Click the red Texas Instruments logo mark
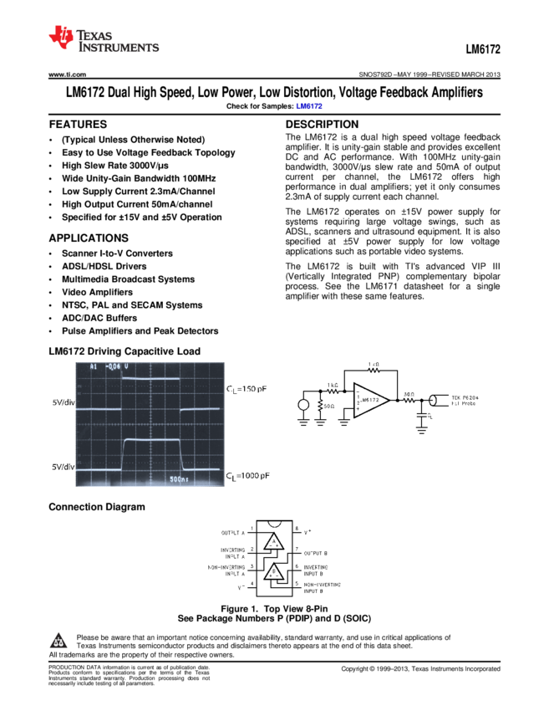(x=61, y=36)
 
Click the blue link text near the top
(x=308, y=106)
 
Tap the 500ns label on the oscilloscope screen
(x=180, y=479)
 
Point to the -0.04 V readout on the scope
(x=113, y=366)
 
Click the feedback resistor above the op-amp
(x=374, y=370)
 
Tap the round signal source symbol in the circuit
(x=303, y=406)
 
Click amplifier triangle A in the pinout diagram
(x=274, y=544)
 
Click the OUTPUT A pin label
(x=233, y=532)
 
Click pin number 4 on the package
(x=252, y=584)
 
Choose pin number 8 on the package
(x=297, y=529)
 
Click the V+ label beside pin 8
(x=308, y=531)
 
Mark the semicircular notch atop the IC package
(x=275, y=524)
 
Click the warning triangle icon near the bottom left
(x=58, y=642)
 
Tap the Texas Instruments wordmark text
(x=118, y=42)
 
